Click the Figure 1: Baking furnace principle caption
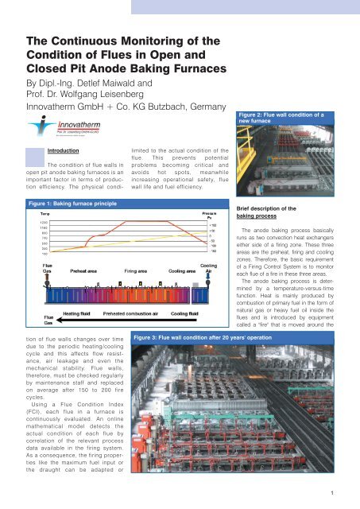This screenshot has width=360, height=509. coord(63,205)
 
